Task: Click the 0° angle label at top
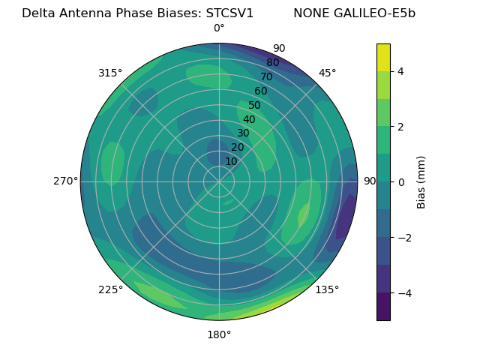(x=219, y=28)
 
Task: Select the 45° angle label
(x=327, y=73)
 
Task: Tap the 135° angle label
(x=327, y=289)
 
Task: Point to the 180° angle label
(x=219, y=334)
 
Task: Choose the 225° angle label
(x=110, y=289)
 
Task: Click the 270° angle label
(x=65, y=181)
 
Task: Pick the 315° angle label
(x=110, y=73)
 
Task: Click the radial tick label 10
(x=231, y=161)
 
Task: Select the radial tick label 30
(x=243, y=133)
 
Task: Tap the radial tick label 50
(x=255, y=106)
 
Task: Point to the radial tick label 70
(x=267, y=76)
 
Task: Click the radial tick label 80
(x=273, y=63)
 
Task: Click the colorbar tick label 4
(x=401, y=71)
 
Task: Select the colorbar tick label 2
(x=401, y=127)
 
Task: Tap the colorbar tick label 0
(x=401, y=182)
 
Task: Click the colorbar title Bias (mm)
(x=421, y=181)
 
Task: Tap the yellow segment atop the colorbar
(x=383, y=57)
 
